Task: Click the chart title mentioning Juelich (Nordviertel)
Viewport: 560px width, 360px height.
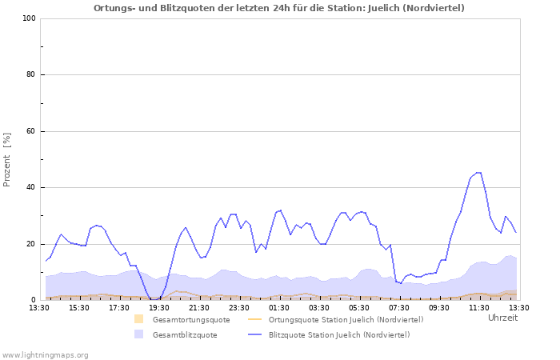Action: coord(278,8)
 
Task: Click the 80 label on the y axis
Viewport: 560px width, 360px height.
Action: coord(30,75)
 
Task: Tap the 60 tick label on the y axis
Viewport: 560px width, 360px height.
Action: coord(30,131)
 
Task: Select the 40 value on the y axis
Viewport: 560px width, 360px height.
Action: coord(30,188)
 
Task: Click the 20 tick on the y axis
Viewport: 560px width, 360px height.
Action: coord(30,244)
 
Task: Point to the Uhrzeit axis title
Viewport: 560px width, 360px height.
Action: coord(502,318)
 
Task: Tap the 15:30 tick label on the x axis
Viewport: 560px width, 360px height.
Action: coord(79,307)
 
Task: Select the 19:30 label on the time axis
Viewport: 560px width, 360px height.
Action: coord(159,307)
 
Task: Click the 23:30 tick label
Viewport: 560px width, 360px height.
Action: coord(239,307)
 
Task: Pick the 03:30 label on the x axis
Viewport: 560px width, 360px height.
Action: coord(319,307)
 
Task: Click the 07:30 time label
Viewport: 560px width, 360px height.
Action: coord(399,307)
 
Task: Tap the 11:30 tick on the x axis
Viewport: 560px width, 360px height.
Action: coord(479,307)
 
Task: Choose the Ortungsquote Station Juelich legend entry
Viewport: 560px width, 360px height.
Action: coord(346,319)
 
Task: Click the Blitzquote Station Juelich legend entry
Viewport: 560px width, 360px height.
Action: coord(339,334)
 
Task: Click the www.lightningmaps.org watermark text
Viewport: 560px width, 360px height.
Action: coord(46,354)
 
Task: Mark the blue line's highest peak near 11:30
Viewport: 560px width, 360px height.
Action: coord(478,173)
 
